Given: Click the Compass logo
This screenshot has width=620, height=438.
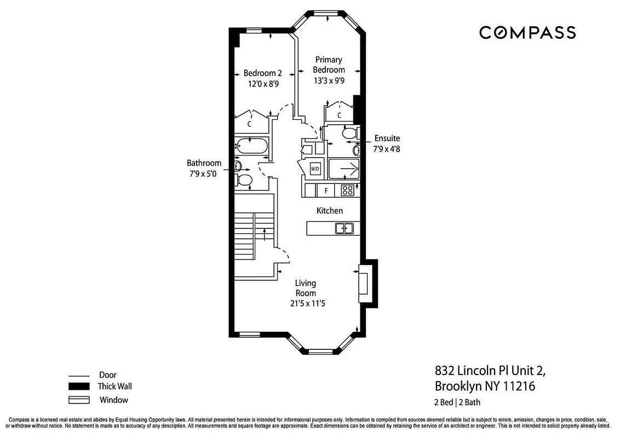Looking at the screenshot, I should [527, 32].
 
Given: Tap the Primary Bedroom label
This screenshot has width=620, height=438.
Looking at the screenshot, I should [329, 65].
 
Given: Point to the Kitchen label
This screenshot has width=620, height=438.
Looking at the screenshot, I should [330, 210].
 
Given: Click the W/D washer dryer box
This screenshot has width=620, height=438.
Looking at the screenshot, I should [315, 169].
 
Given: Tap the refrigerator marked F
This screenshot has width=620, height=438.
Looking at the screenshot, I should [326, 191].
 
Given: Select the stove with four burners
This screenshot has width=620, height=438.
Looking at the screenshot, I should [347, 191].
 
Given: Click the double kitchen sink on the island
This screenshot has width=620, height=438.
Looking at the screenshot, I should [344, 228].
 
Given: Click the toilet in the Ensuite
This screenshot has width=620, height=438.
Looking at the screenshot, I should [349, 133].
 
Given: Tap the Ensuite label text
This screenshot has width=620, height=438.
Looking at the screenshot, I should [387, 138].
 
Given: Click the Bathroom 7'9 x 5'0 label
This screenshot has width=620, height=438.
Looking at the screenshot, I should [204, 168].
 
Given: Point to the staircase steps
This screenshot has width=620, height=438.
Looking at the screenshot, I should [245, 235].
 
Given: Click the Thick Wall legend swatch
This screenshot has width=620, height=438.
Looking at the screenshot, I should [79, 387].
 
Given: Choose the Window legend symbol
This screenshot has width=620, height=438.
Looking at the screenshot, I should [79, 400].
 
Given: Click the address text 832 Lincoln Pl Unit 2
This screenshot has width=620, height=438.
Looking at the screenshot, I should [490, 371].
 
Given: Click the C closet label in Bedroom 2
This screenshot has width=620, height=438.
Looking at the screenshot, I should [249, 124].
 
